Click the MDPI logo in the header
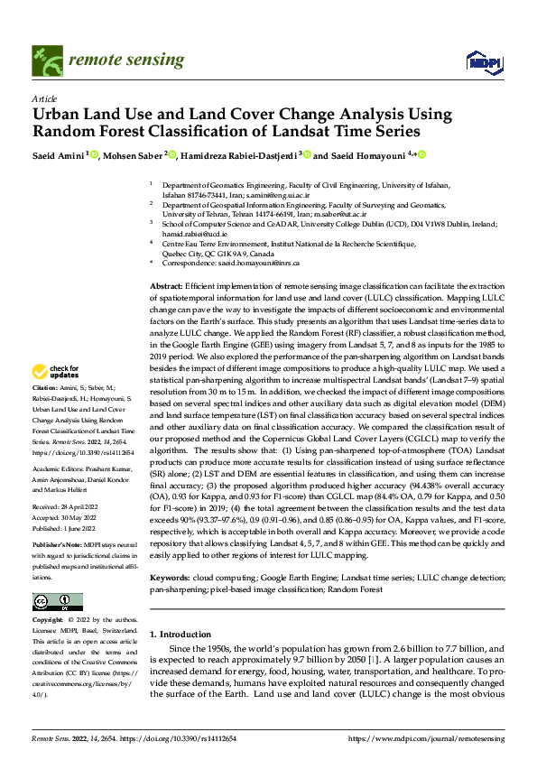pyautogui.click(x=479, y=60)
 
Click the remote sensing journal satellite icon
pyautogui.click(x=44, y=60)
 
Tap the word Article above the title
pyautogui.click(x=43, y=98)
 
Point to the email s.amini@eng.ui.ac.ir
pyautogui.click(x=281, y=194)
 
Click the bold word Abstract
pyautogui.click(x=166, y=285)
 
